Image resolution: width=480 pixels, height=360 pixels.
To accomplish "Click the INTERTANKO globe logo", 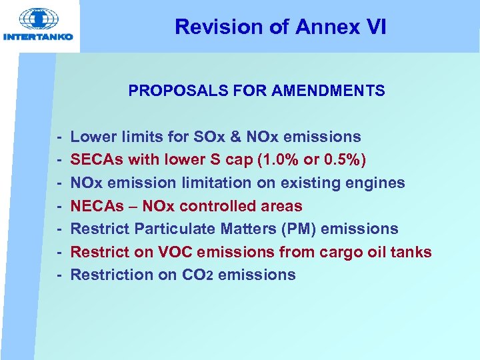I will [39, 18].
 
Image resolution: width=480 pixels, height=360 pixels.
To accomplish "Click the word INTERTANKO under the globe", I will [39, 37].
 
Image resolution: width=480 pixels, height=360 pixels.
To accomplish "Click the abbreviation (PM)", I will [300, 229].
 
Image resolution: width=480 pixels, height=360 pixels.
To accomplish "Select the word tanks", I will [411, 252].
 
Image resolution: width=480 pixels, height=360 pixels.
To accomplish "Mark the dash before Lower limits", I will [59, 137].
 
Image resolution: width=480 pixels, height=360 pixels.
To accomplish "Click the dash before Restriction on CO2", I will [59, 275].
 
